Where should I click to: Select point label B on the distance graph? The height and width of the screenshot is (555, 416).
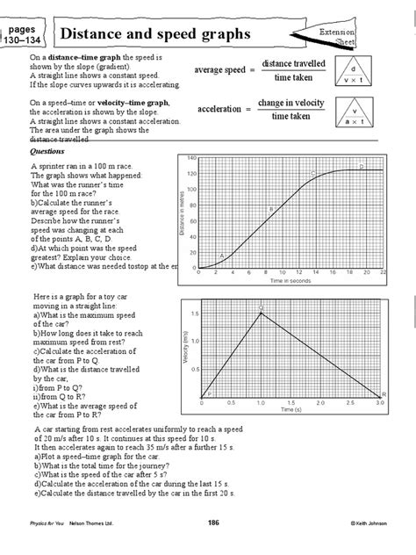click(x=270, y=209)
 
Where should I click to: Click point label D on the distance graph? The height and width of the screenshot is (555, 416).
click(x=362, y=166)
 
